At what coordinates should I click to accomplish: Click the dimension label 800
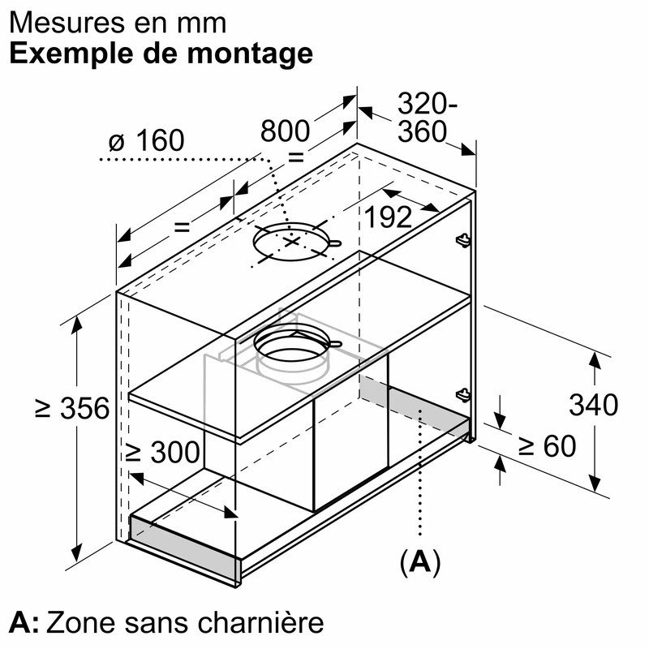pyautogui.click(x=285, y=131)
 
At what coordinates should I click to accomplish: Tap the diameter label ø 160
pyautogui.click(x=146, y=140)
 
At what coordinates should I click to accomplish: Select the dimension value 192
pyautogui.click(x=388, y=217)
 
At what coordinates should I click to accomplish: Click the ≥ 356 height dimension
pyautogui.click(x=72, y=408)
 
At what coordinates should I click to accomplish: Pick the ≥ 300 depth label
pyautogui.click(x=163, y=452)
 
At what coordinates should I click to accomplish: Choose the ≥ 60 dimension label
pyautogui.click(x=547, y=445)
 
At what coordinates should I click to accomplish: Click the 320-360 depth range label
pyautogui.click(x=428, y=118)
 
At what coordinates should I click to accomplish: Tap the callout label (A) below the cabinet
pyautogui.click(x=419, y=562)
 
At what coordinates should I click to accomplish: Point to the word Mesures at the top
pyautogui.click(x=67, y=24)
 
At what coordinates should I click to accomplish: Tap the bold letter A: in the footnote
pyautogui.click(x=24, y=623)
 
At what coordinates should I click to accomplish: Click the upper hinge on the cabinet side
pyautogui.click(x=463, y=239)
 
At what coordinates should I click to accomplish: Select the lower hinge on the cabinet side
pyautogui.click(x=463, y=394)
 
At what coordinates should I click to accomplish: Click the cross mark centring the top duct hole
pyautogui.click(x=292, y=241)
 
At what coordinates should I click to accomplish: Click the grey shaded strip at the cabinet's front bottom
pyautogui.click(x=184, y=543)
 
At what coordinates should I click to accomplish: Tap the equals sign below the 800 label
pyautogui.click(x=296, y=157)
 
